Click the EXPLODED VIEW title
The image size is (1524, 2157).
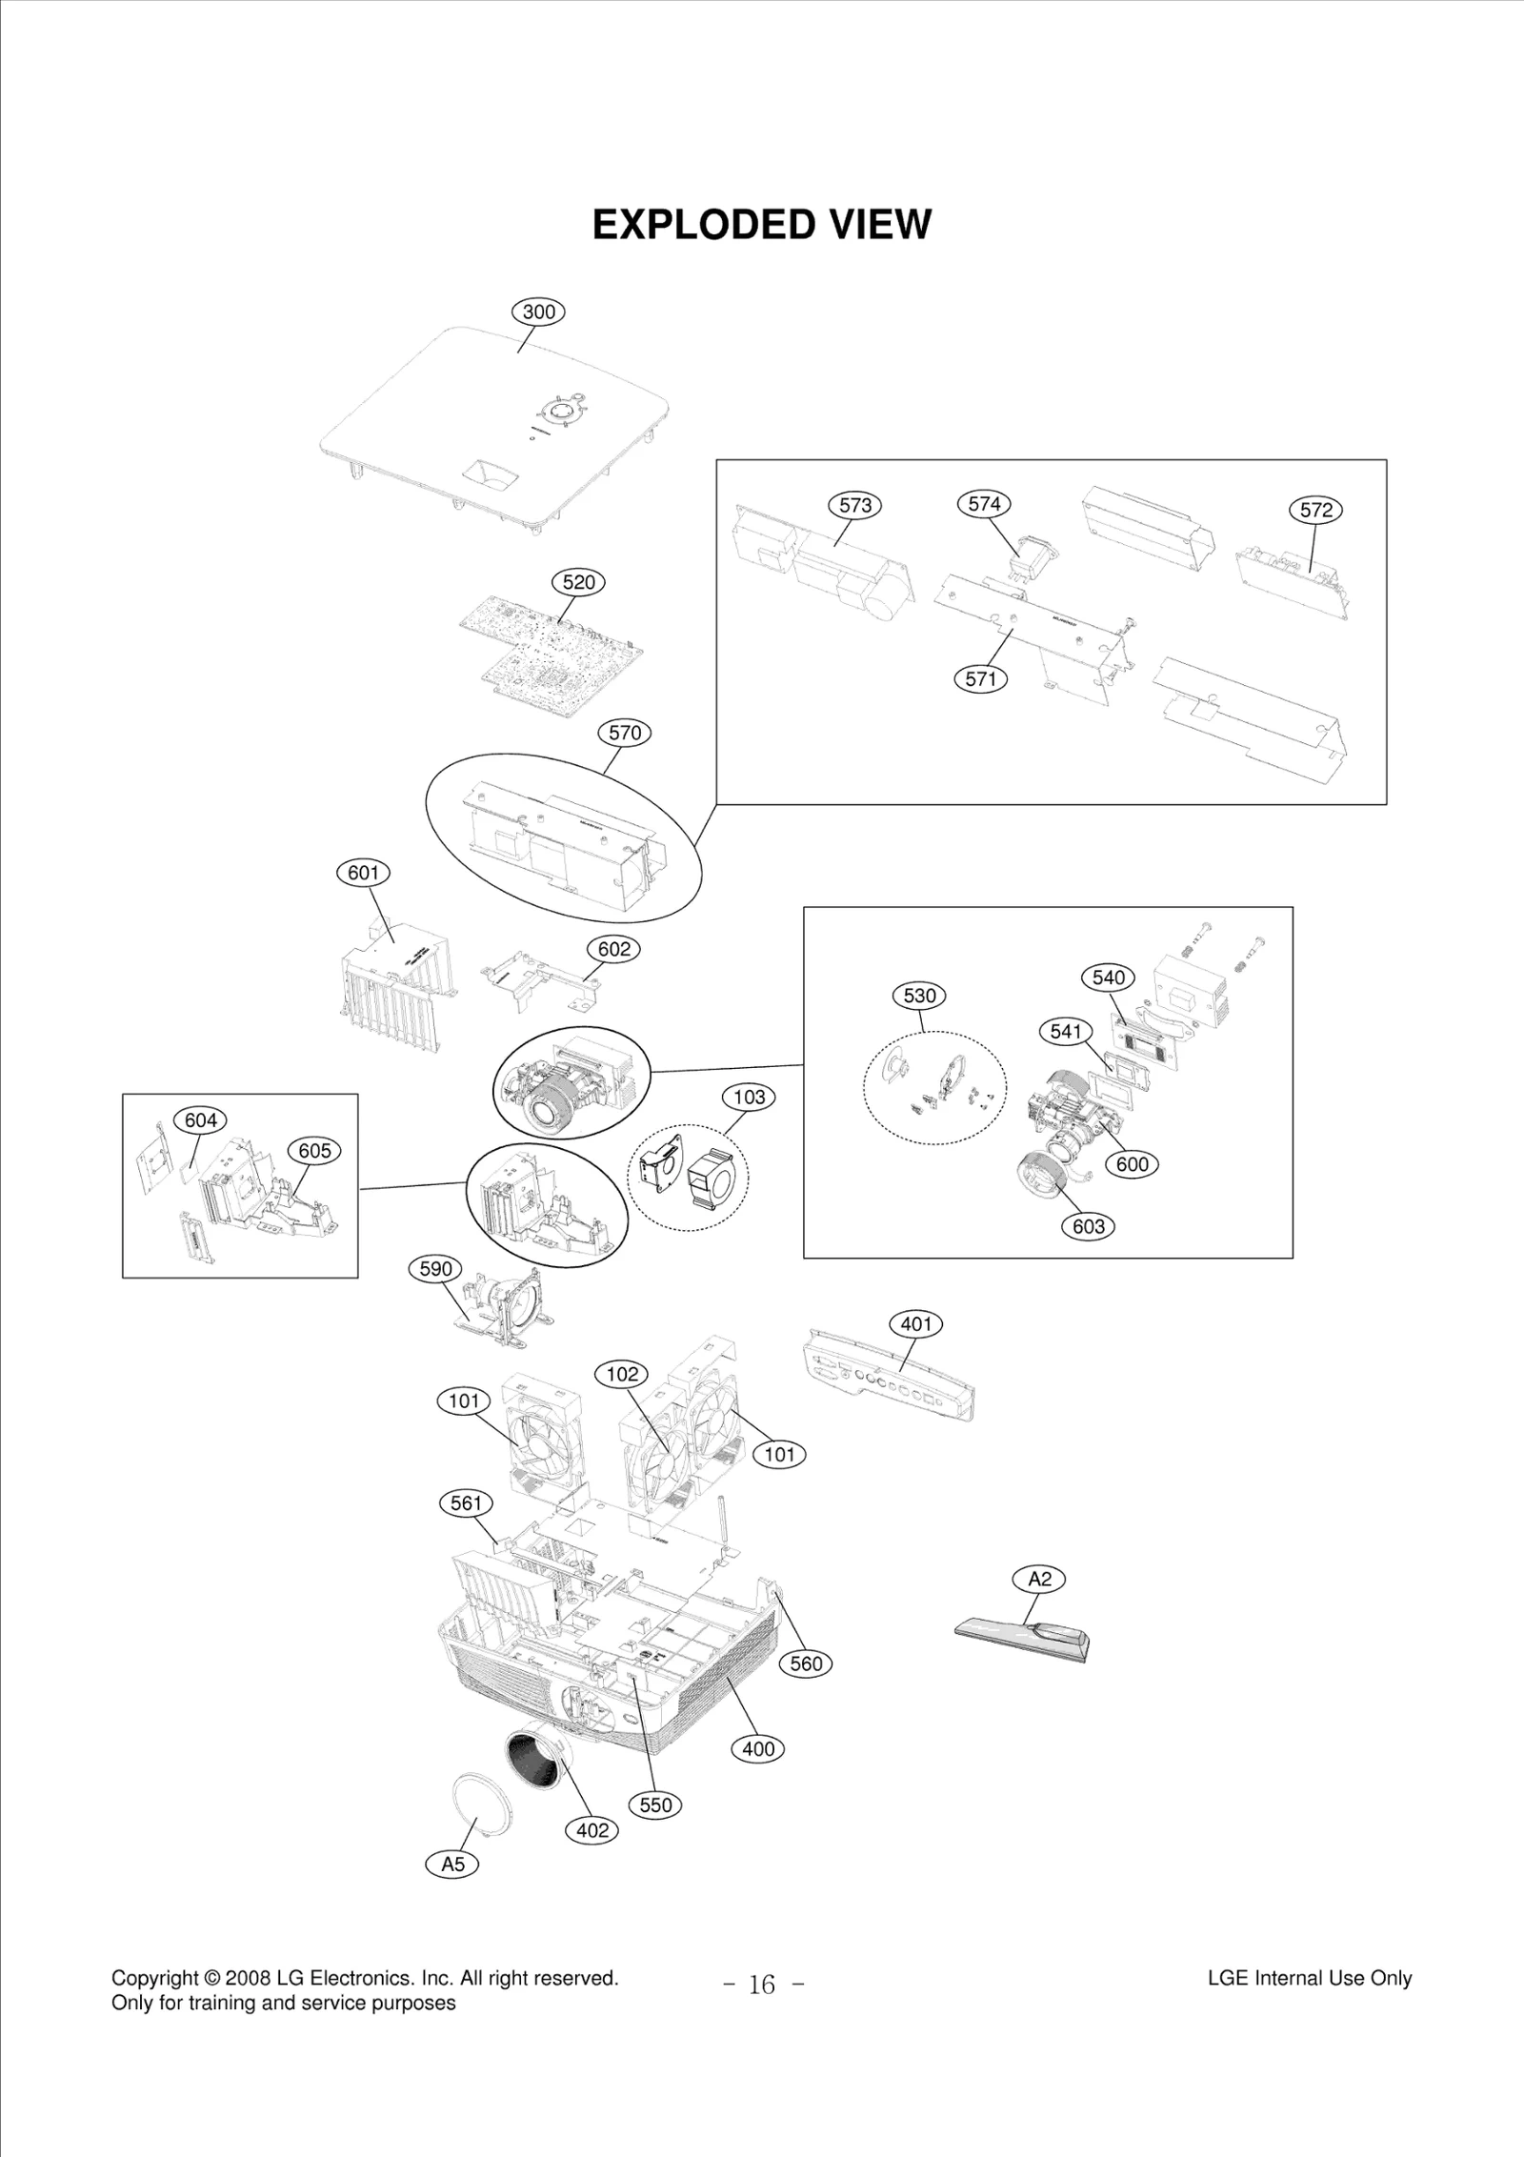[761, 226]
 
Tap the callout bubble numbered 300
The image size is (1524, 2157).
[539, 312]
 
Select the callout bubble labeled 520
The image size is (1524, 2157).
[578, 582]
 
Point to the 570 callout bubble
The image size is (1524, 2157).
[625, 733]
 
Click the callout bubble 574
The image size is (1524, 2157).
[984, 504]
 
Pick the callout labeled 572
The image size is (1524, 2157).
[1315, 510]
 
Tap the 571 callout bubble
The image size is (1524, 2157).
[980, 678]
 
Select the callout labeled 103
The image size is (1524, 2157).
[749, 1097]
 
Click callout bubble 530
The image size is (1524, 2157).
[919, 996]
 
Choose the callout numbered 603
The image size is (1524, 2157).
[1088, 1226]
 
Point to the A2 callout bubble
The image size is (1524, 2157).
[1039, 1579]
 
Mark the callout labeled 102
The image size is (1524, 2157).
[621, 1374]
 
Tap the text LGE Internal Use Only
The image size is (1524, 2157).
[1309, 1978]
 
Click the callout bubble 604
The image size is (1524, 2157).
[200, 1120]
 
